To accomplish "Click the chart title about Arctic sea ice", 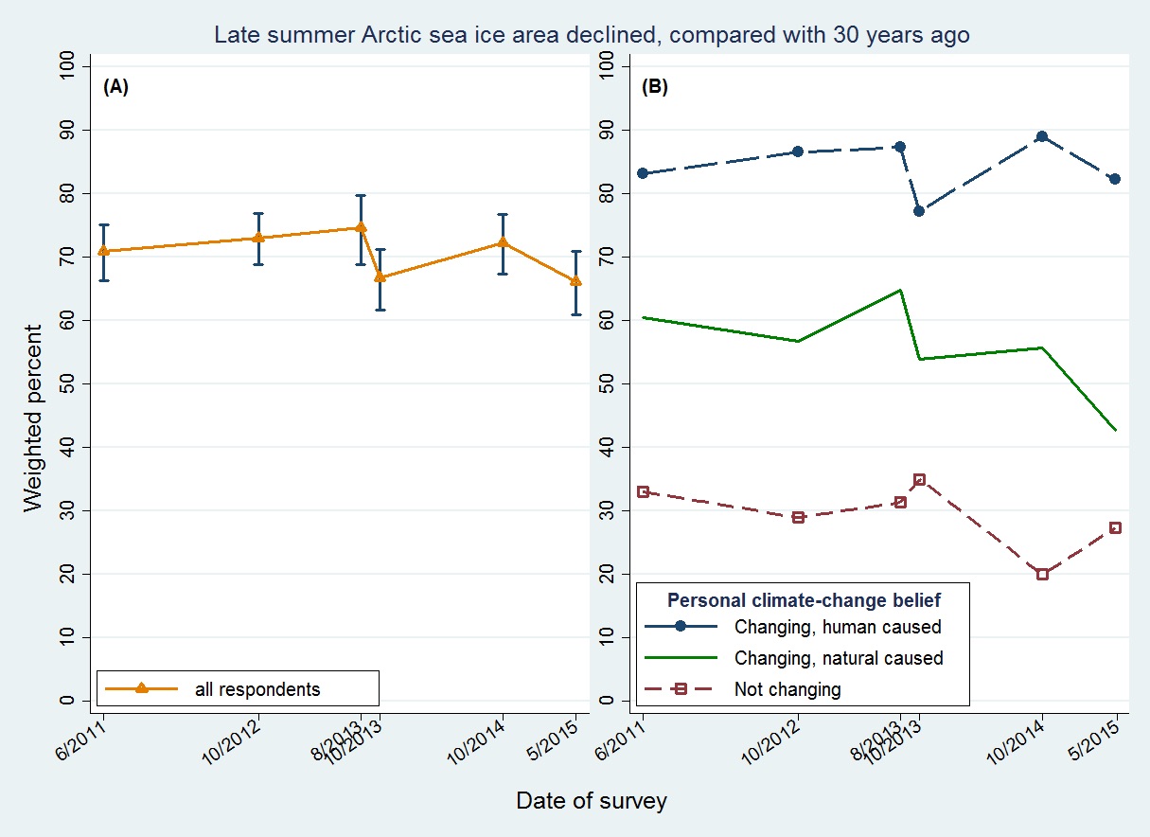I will (592, 35).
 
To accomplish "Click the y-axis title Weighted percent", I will (34, 418).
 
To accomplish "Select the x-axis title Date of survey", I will (592, 801).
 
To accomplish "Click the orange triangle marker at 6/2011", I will (104, 251).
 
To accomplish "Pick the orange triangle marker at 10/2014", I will (503, 242).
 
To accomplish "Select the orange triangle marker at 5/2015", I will (575, 280).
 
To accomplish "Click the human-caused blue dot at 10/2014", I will (1042, 136).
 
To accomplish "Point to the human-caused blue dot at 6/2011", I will (644, 173).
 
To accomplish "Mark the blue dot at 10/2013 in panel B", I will (919, 210).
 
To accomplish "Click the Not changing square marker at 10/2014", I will (1042, 574).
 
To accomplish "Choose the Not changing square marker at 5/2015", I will (1115, 527).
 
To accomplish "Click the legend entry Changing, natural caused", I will (838, 658).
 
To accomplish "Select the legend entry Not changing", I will (787, 689).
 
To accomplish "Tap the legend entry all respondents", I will (257, 689).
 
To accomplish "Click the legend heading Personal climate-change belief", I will (804, 599).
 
